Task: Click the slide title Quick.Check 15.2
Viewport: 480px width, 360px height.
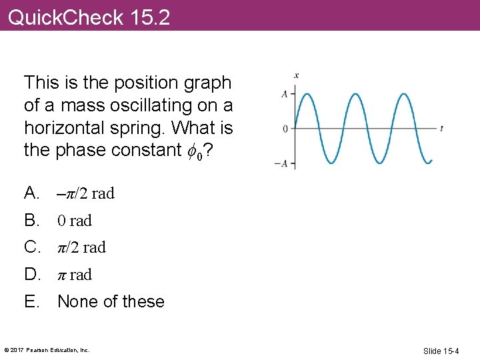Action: coord(89,17)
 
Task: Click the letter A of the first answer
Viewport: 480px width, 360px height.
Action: coord(31,193)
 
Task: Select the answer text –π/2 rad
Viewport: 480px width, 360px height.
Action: coord(86,194)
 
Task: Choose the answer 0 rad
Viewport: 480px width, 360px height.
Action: coord(75,221)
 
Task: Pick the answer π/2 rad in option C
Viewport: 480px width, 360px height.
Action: coord(82,247)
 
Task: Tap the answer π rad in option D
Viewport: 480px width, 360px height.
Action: coord(75,275)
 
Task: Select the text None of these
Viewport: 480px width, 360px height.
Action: coord(111,301)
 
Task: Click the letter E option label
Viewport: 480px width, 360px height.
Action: coord(31,301)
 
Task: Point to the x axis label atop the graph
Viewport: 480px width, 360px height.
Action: coord(296,75)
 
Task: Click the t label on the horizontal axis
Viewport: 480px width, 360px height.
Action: coord(442,128)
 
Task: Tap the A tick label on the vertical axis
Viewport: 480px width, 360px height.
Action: coord(285,94)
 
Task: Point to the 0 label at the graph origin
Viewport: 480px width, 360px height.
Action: coord(285,129)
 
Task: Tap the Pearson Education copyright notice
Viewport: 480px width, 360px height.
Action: coord(47,349)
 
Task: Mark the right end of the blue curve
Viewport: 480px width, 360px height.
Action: coord(431,161)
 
